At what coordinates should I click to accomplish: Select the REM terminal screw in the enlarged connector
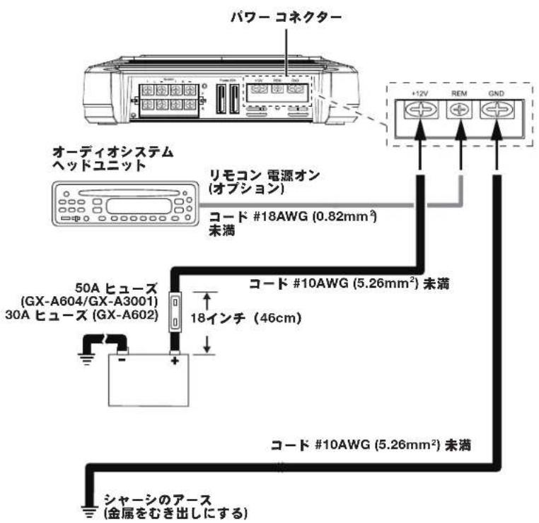460,110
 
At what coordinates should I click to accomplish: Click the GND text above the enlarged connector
497,93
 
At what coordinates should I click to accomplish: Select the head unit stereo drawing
123,205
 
